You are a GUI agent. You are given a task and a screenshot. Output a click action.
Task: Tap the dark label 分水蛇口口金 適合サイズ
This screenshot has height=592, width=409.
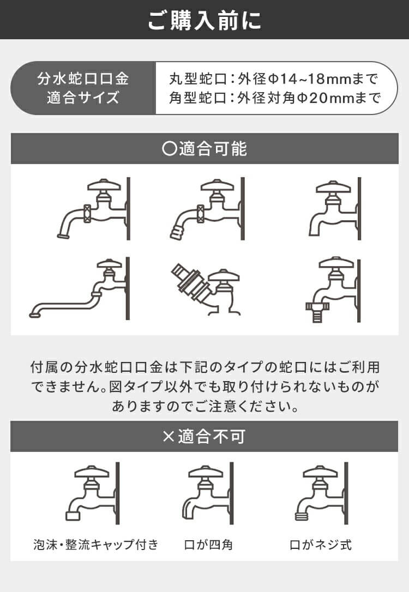(83, 88)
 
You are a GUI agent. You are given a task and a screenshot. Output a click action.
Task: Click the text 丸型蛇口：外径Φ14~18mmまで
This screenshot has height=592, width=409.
(273, 80)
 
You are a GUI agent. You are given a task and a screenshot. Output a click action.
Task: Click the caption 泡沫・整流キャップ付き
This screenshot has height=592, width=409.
(95, 544)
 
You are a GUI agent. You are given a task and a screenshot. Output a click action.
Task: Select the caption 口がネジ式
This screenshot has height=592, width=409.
(320, 544)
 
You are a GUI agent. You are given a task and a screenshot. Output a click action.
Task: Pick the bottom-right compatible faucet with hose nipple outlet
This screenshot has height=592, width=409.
(330, 289)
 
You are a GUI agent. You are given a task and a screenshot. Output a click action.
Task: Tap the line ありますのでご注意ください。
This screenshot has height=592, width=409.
(204, 406)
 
